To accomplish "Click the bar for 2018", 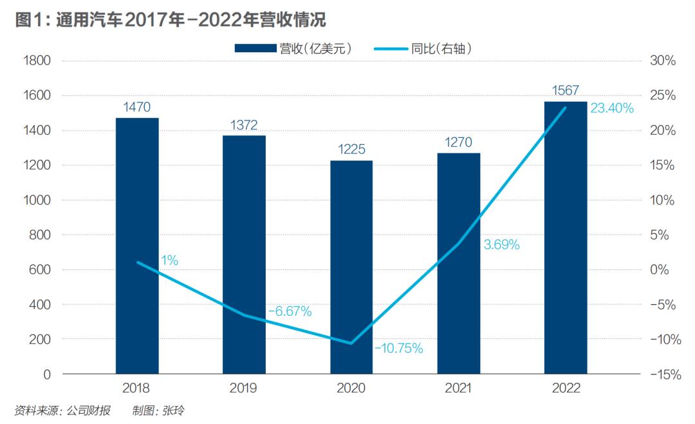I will (137, 245).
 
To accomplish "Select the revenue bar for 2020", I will (351, 267).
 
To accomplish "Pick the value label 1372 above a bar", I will (244, 124).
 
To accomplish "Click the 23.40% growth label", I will (612, 108).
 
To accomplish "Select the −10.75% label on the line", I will (398, 349).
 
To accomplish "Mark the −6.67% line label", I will (290, 311).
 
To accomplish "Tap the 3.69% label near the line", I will (501, 245).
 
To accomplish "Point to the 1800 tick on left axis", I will (37, 61).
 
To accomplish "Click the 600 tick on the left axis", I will (40, 270).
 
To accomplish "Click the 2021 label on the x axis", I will (458, 389).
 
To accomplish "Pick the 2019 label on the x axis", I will (244, 389).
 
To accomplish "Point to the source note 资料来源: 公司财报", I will (67, 410).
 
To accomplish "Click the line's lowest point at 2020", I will (351, 343).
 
